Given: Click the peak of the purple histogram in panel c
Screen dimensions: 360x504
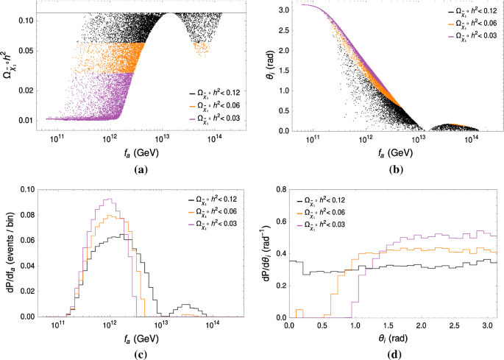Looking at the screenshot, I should [x=110, y=199].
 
